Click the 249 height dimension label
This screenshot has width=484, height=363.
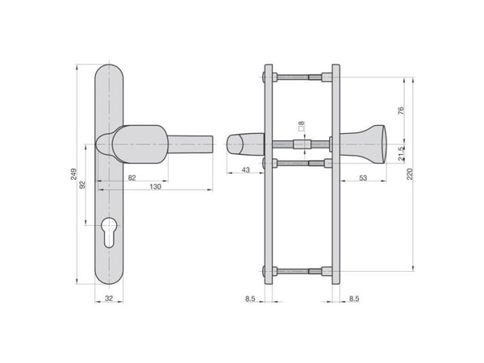click(73, 174)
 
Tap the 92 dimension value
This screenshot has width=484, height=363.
click(82, 184)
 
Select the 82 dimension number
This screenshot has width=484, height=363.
click(131, 177)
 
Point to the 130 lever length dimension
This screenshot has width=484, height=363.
click(155, 186)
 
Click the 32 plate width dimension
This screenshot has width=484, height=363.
click(109, 298)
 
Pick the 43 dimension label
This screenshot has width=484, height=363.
click(245, 169)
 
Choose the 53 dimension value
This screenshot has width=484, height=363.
click(363, 177)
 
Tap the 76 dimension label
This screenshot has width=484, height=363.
click(401, 111)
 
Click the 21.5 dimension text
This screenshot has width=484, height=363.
click(401, 154)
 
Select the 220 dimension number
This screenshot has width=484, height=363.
click(410, 174)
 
